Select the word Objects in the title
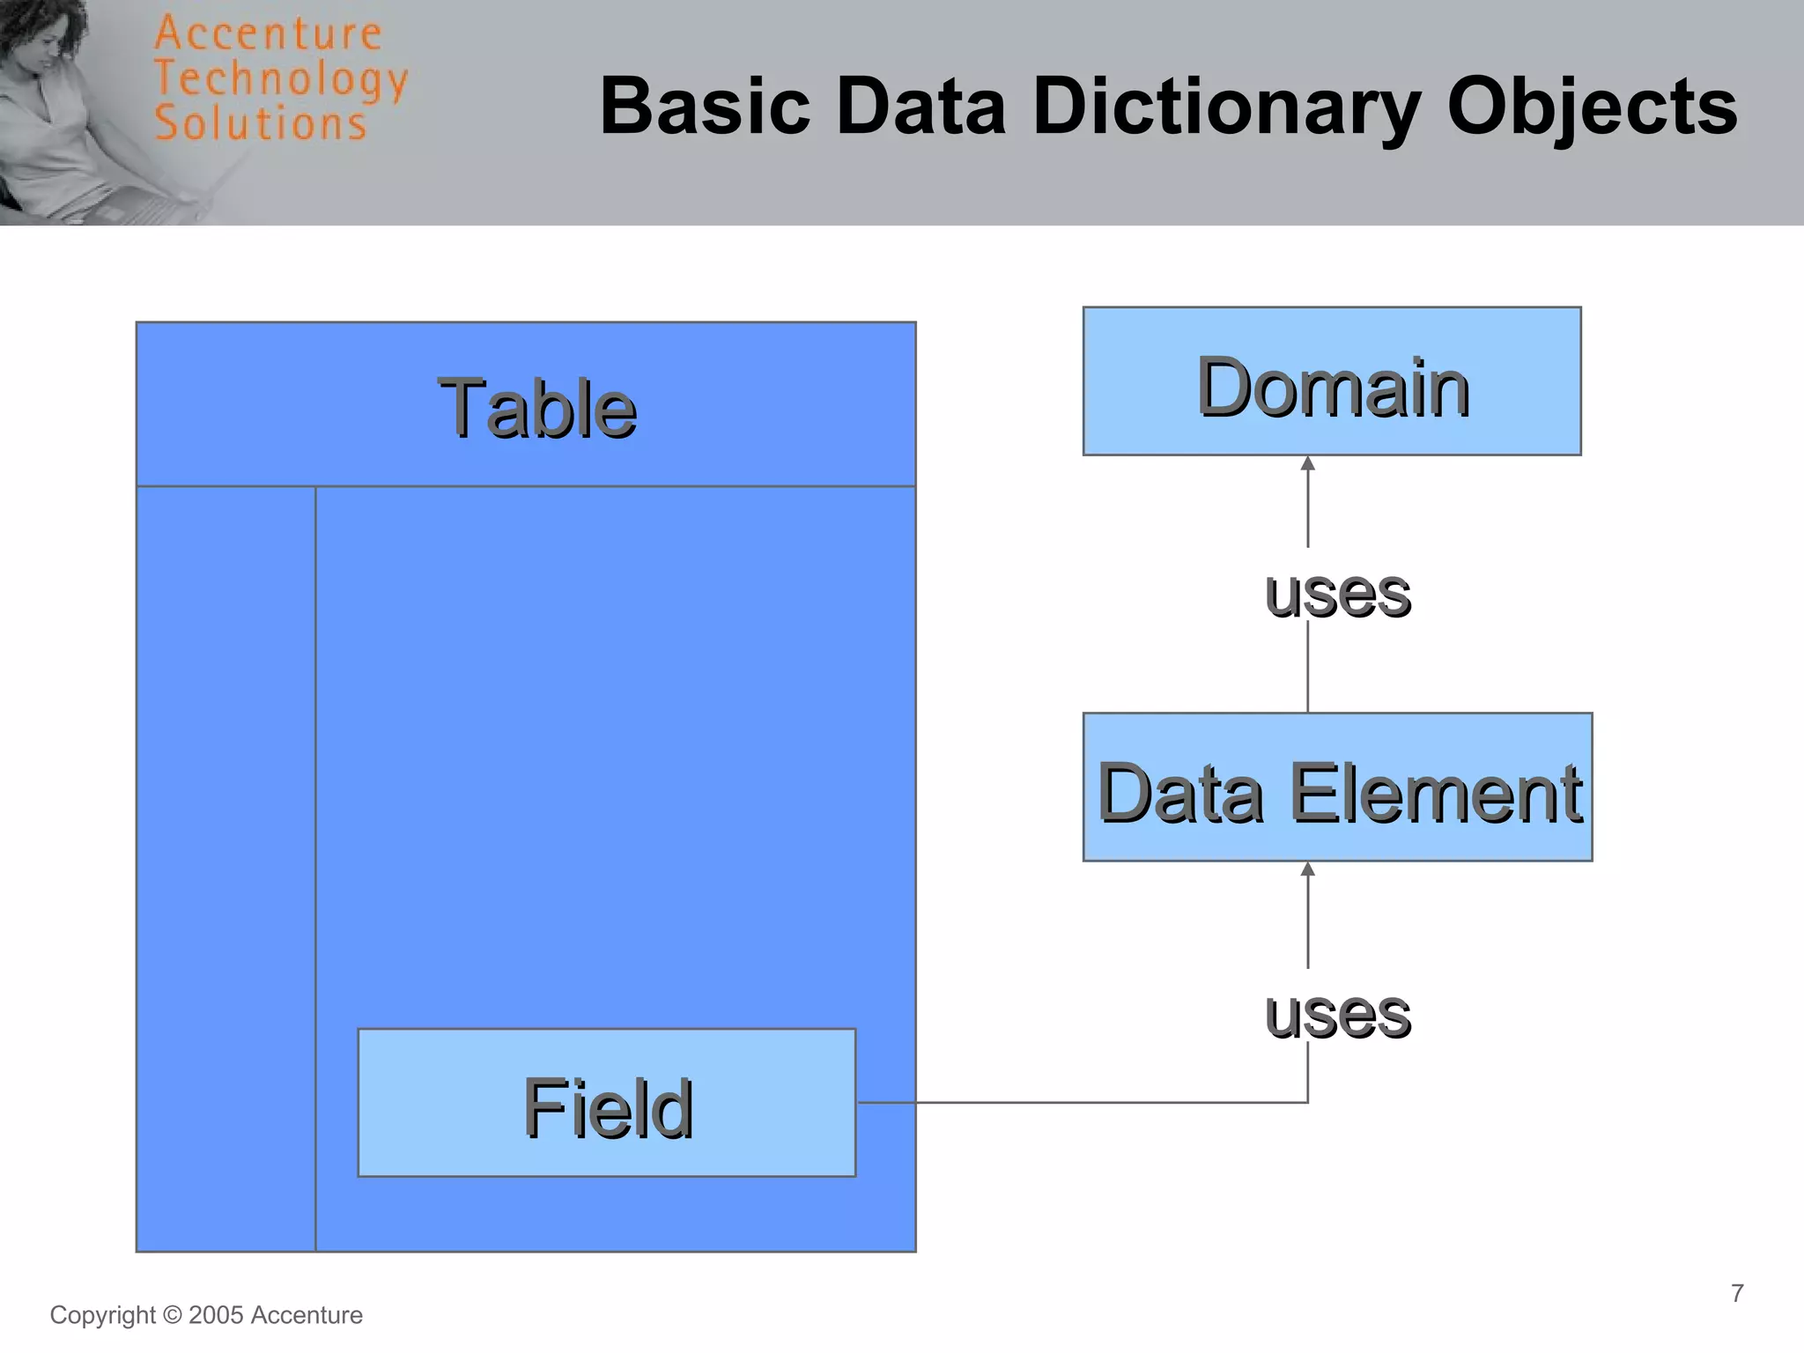click(1591, 107)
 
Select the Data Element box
click(1337, 787)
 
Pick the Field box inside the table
click(607, 1103)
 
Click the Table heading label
click(536, 408)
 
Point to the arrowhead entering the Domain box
click(1308, 463)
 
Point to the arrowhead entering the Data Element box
click(1308, 869)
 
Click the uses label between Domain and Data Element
click(1337, 594)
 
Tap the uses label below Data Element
click(1337, 1014)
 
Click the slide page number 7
click(1737, 1293)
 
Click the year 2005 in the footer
click(216, 1315)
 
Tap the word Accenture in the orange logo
click(268, 35)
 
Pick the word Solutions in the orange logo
click(261, 123)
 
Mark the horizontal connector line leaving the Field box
click(1057, 1102)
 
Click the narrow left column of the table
click(226, 868)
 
